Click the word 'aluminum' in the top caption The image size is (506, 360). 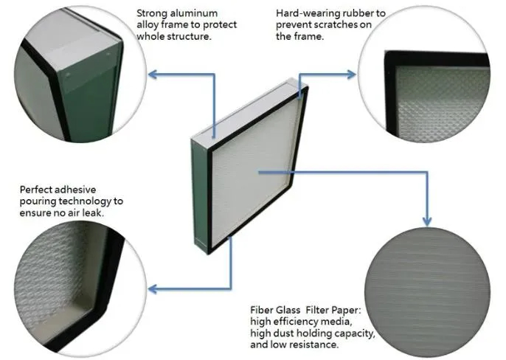(x=193, y=13)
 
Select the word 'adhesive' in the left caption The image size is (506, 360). (x=77, y=189)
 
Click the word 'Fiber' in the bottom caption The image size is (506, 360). (x=261, y=310)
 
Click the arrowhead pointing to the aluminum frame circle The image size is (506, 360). (x=152, y=75)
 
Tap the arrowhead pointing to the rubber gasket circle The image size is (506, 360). (x=351, y=75)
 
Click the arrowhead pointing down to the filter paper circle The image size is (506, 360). (x=427, y=221)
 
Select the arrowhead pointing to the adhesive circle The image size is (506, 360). (x=152, y=288)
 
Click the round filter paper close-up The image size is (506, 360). (x=427, y=293)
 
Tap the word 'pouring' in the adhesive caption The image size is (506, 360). (x=38, y=201)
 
